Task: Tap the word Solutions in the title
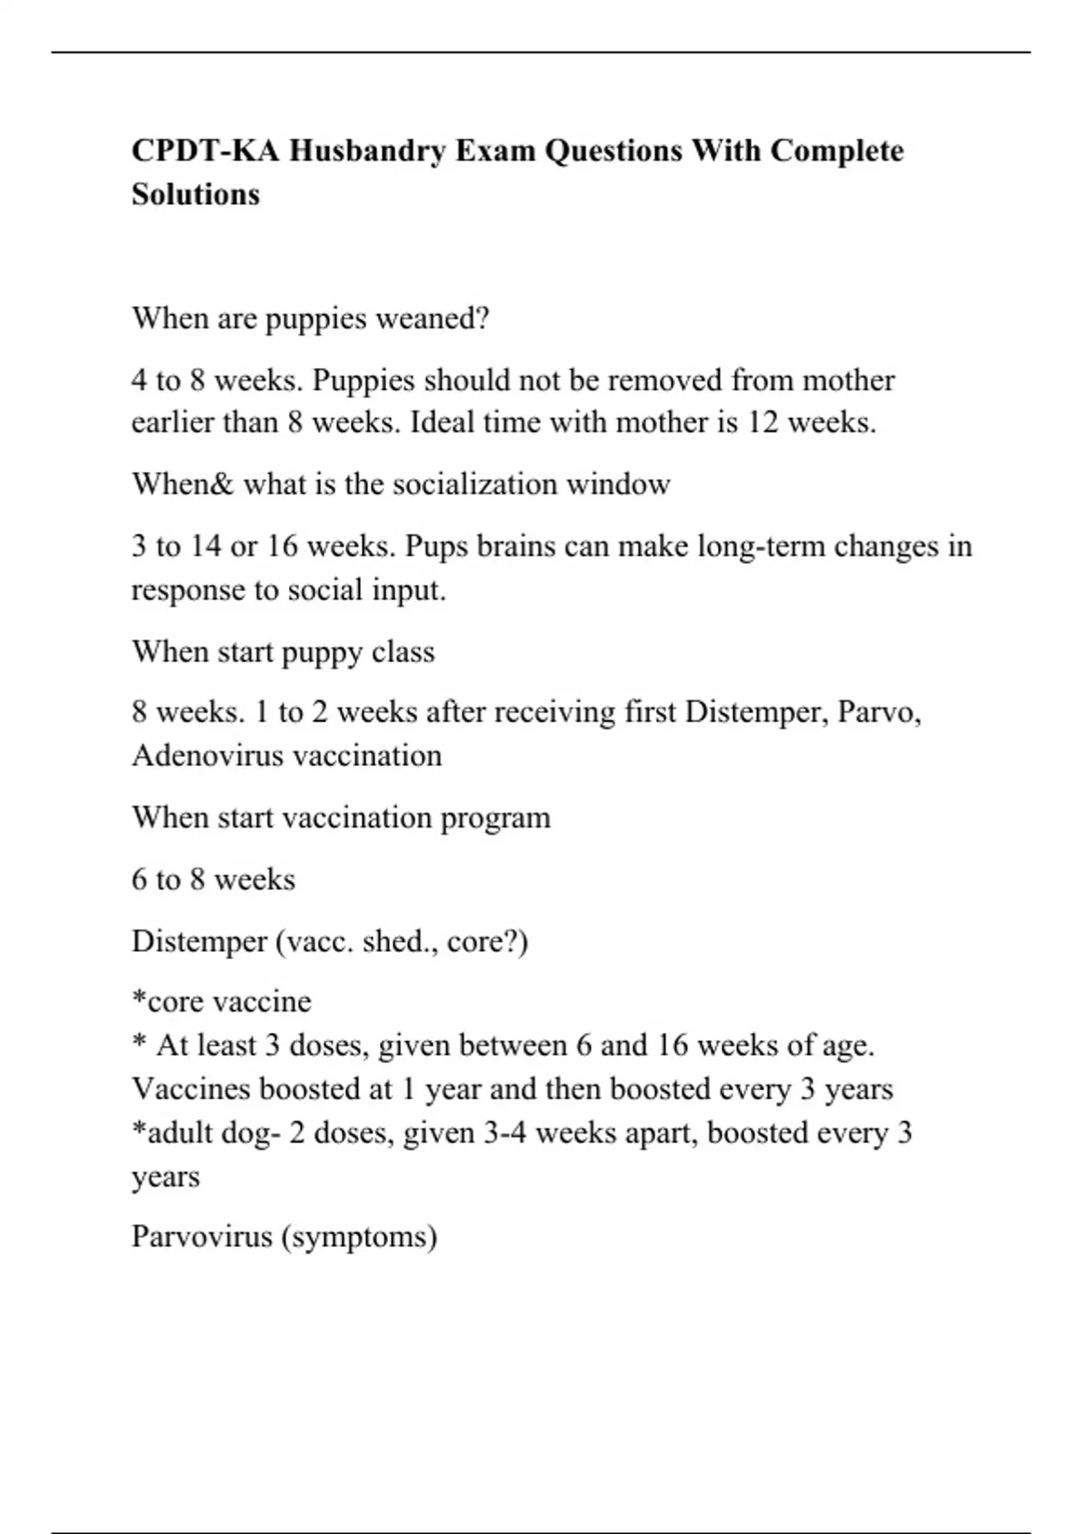click(x=196, y=194)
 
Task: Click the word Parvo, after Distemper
click(x=879, y=713)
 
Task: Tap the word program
click(x=495, y=818)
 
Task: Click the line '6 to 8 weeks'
click(x=214, y=880)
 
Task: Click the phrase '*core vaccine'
click(x=221, y=1002)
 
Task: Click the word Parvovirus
click(x=202, y=1236)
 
